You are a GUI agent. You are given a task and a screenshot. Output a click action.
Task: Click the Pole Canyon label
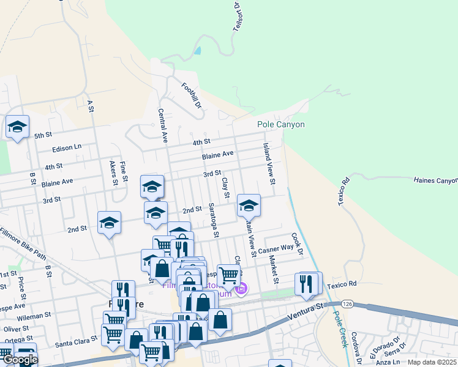[280, 124]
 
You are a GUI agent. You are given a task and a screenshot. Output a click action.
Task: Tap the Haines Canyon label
[435, 180]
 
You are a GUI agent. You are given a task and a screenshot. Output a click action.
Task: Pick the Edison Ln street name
[67, 147]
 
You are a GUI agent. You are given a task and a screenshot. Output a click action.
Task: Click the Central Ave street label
[162, 126]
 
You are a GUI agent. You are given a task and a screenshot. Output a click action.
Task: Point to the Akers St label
[113, 173]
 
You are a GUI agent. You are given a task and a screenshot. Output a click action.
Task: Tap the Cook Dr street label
[297, 243]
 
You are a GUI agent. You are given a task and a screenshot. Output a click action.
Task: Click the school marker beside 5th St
[17, 127]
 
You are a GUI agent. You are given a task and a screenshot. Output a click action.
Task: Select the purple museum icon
[241, 288]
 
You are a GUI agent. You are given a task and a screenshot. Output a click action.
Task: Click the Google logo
[20, 360]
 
